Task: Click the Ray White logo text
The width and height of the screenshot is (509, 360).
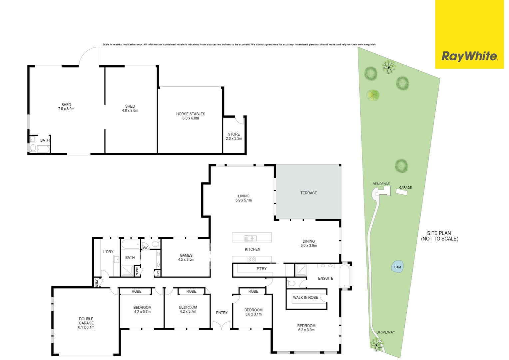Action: point(470,56)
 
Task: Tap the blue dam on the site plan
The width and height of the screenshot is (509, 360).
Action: point(397,267)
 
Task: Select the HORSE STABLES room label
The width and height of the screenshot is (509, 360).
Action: point(191,114)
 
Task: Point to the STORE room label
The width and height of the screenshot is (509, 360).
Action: point(234,134)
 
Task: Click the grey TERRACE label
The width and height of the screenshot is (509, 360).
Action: point(308,193)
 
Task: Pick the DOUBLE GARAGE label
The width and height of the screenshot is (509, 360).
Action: point(86,321)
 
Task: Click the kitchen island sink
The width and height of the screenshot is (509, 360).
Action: point(250,238)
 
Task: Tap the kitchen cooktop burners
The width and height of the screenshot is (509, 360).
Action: point(252,259)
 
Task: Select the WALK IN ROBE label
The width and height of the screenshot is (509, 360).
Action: point(305,297)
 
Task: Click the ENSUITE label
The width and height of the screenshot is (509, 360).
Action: point(326,278)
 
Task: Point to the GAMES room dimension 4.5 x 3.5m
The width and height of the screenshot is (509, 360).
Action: point(186,259)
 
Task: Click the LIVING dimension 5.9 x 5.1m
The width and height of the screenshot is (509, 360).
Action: point(244,200)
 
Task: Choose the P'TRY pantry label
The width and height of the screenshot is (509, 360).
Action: point(261,269)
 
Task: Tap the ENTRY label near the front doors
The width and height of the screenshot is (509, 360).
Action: point(222,313)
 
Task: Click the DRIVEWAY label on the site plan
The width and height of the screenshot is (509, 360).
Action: point(386,332)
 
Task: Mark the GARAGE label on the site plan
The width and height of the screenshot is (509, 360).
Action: point(405,188)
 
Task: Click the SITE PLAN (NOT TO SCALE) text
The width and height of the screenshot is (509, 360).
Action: point(439,236)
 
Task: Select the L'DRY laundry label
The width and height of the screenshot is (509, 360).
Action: point(108,252)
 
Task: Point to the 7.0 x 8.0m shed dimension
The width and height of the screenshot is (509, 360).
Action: point(66,109)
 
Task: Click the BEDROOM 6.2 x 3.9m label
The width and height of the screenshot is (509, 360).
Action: point(306,328)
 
